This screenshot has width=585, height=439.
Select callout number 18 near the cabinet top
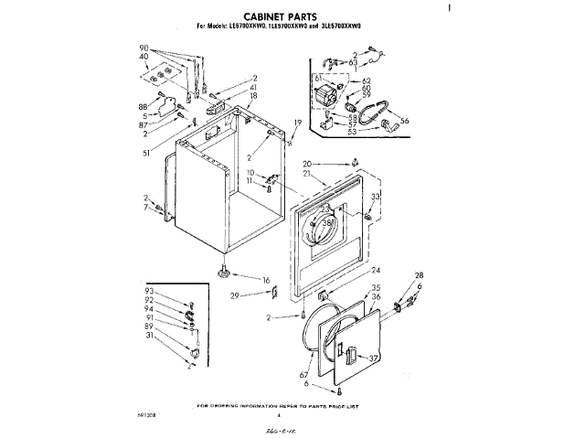[x=254, y=95]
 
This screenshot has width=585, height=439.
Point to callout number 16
[x=266, y=280]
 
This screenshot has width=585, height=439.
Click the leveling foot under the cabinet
[x=223, y=271]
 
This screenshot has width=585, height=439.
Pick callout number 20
[x=307, y=164]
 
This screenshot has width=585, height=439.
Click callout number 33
[x=375, y=197]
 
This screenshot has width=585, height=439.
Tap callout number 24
[x=375, y=271]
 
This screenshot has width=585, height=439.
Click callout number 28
[x=420, y=275]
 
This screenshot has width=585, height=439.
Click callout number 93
[x=149, y=291]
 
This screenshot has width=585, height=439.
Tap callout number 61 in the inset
[x=320, y=80]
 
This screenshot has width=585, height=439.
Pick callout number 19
[x=296, y=123]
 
